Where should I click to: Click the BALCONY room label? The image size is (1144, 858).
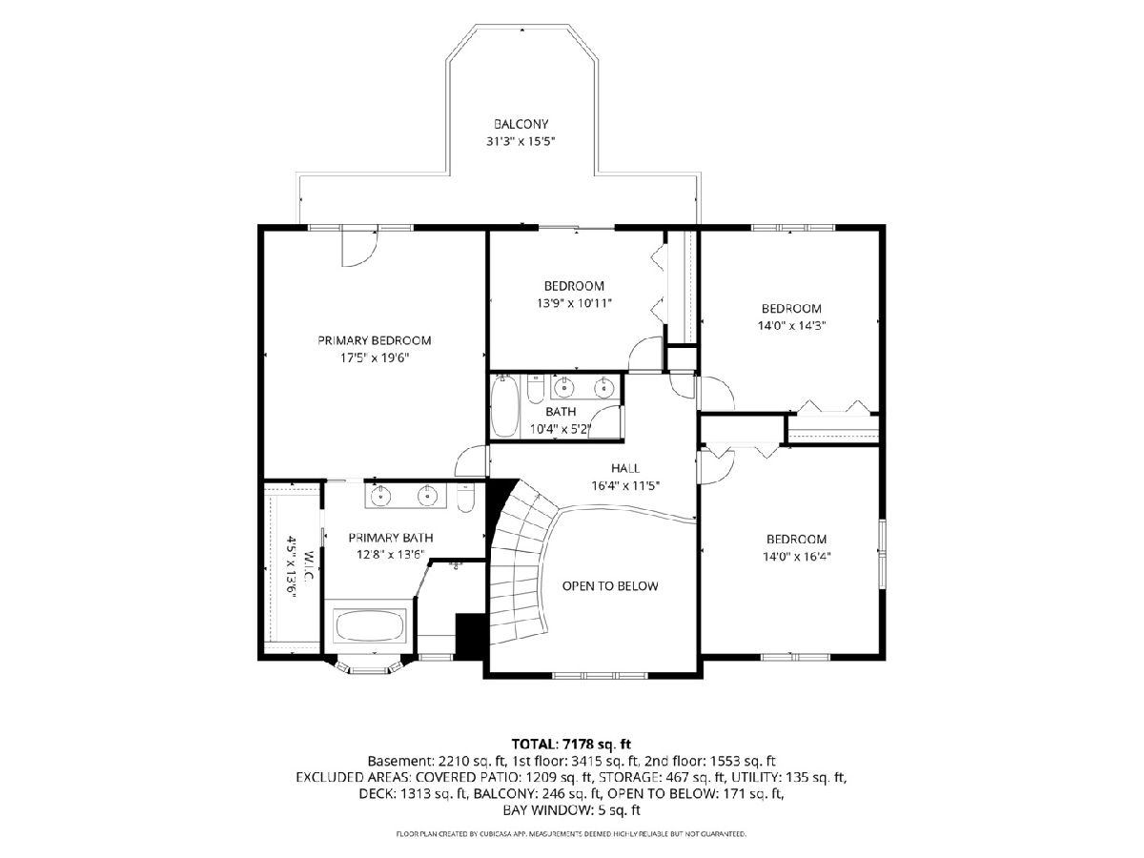click(x=521, y=124)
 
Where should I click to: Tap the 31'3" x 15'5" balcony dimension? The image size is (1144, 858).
click(x=521, y=141)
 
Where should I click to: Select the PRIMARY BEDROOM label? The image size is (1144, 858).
click(x=375, y=340)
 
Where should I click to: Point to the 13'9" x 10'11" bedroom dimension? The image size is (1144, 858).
click(x=574, y=303)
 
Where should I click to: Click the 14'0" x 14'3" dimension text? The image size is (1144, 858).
click(x=791, y=326)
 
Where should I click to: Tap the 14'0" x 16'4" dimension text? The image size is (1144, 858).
click(x=796, y=557)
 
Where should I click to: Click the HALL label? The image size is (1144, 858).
click(x=625, y=468)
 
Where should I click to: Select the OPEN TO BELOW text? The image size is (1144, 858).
click(x=610, y=586)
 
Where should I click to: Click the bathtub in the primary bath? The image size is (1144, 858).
click(x=371, y=625)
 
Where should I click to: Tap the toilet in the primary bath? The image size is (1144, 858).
click(x=464, y=498)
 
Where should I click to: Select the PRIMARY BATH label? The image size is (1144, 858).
click(x=390, y=538)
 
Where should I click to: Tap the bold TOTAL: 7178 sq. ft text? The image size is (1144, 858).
click(x=571, y=744)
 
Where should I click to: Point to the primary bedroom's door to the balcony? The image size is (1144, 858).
click(x=359, y=248)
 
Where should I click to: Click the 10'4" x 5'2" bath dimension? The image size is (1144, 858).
click(x=561, y=429)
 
